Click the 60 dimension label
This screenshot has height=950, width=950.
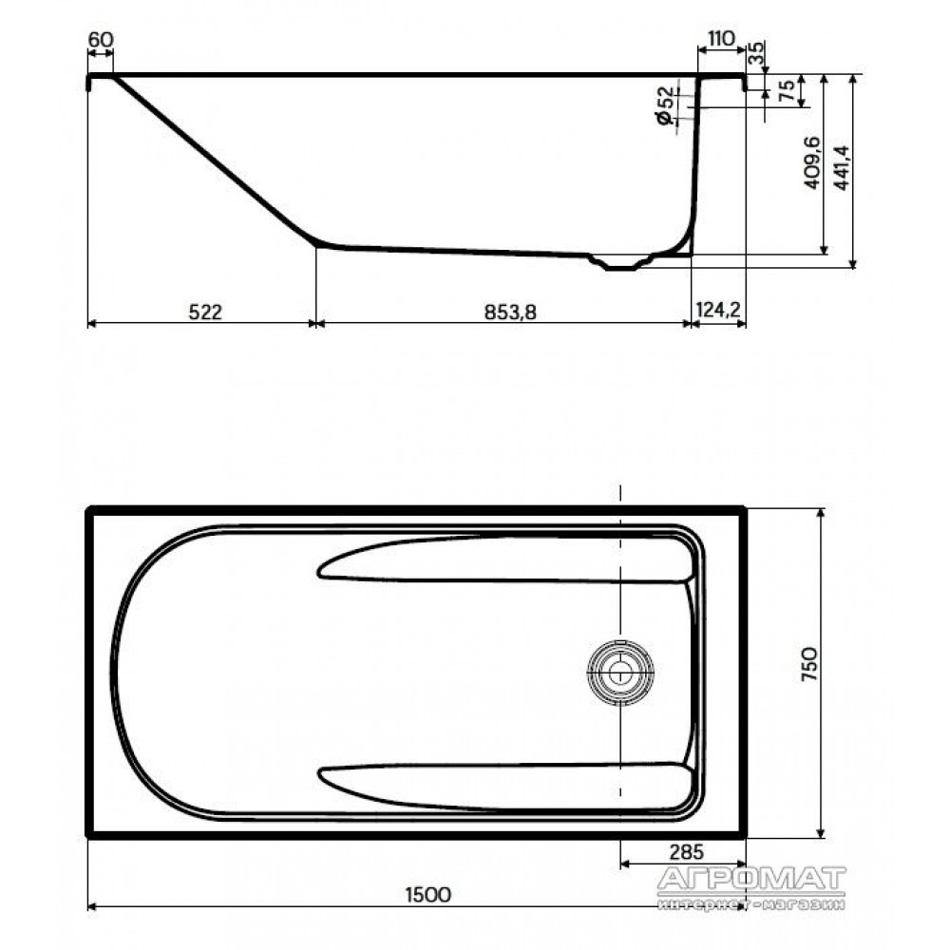click(101, 39)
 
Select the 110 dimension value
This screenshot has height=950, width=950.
click(721, 38)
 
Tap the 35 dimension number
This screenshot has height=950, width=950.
click(757, 53)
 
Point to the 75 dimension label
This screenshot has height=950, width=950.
click(786, 91)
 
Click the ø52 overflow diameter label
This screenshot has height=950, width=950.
click(665, 106)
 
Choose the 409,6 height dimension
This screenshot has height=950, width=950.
click(812, 162)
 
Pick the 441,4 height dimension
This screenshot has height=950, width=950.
click(842, 168)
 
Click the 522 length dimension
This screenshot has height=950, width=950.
click(205, 312)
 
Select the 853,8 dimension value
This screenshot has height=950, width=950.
click(510, 312)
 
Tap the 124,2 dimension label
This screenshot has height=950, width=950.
click(718, 311)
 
